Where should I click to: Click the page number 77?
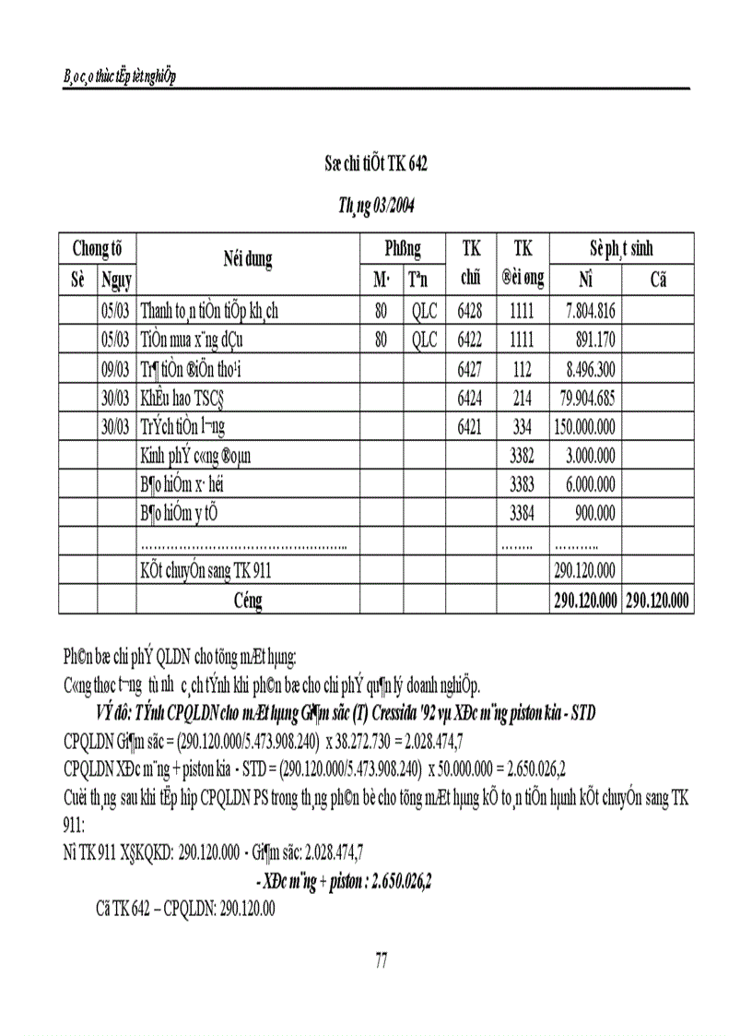(382, 961)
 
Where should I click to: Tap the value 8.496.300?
(587, 371)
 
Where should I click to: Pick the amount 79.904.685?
(583, 399)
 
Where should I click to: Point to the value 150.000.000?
(583, 428)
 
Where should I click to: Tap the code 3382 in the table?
(522, 457)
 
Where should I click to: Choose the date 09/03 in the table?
(115, 371)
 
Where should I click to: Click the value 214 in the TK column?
(522, 399)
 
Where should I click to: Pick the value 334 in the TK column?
(522, 428)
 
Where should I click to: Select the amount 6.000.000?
(587, 485)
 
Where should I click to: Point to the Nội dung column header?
(248, 261)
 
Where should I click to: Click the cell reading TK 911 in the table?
(205, 571)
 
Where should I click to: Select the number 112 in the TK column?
(522, 371)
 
